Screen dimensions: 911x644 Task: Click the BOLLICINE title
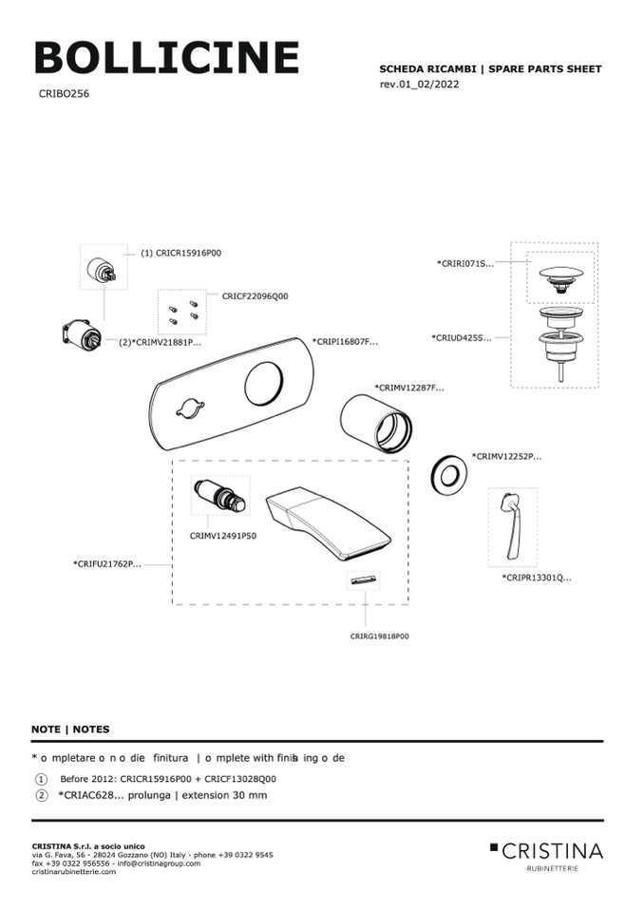tap(166, 58)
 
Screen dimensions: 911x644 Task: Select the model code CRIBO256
tap(64, 94)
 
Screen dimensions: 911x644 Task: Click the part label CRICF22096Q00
tap(255, 296)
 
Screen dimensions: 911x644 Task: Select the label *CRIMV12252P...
tap(506, 456)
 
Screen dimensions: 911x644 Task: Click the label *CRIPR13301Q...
tap(537, 577)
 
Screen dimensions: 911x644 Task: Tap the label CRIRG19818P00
tap(379, 636)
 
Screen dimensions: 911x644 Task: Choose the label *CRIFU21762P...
tap(107, 564)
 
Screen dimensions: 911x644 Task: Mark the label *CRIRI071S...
tap(464, 263)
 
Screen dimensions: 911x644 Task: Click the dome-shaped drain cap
tap(559, 276)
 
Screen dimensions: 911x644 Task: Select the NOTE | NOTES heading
tap(70, 730)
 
